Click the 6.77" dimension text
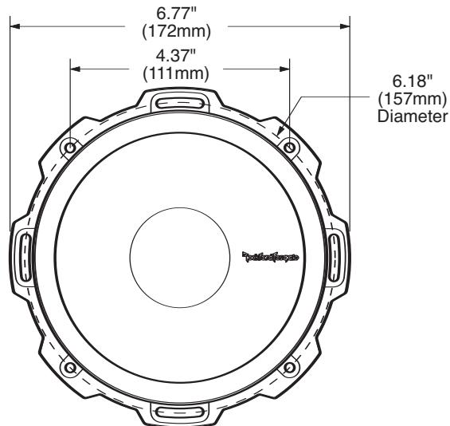tap(175, 13)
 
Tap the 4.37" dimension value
tap(175, 56)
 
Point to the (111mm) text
tap(175, 73)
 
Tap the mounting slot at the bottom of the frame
tap(180, 412)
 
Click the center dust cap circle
tap(180, 256)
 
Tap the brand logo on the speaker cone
tap(271, 257)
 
